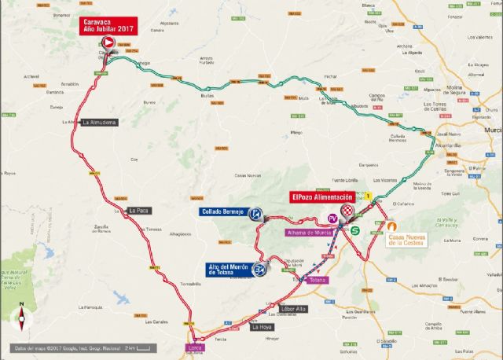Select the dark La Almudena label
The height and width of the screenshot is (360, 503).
point(99,123)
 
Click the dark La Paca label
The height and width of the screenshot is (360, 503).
point(138,210)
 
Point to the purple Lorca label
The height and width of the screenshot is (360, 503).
point(196,347)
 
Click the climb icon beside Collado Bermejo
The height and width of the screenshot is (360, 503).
point(255,213)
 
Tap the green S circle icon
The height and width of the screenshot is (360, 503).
point(355,230)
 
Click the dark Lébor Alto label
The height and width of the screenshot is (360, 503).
point(292,309)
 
